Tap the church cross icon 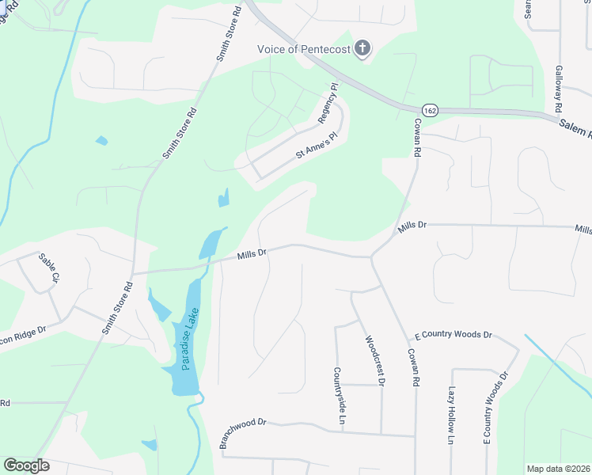click(x=362, y=48)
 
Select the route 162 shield click(x=429, y=110)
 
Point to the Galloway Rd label click(x=558, y=87)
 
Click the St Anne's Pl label click(x=317, y=146)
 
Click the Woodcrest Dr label click(x=374, y=360)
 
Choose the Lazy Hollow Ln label click(x=453, y=415)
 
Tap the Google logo click(x=26, y=465)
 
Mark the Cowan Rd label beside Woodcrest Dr click(x=412, y=368)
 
